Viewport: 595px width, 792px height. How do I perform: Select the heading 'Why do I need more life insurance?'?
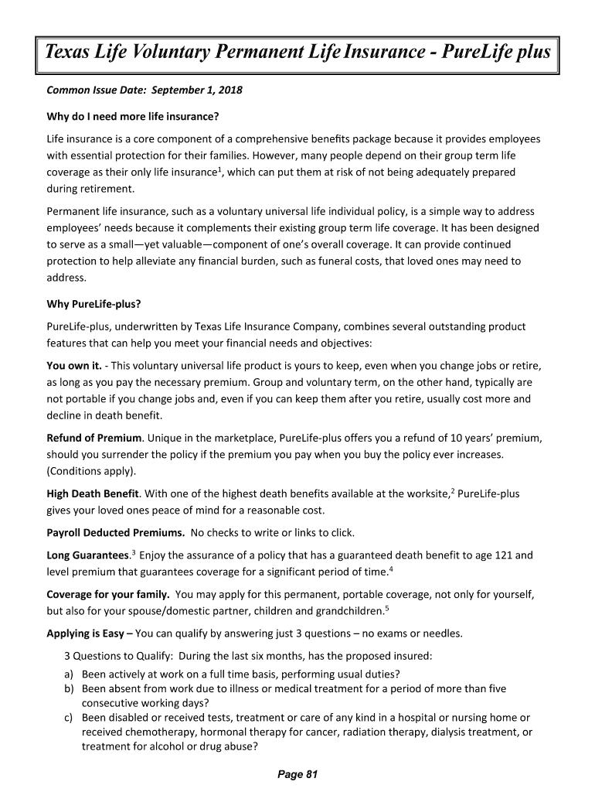(x=134, y=116)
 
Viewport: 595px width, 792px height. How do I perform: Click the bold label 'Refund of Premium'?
(x=94, y=438)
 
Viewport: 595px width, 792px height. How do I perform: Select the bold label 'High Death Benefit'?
(x=93, y=493)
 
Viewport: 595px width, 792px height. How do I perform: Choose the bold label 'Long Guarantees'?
(x=87, y=555)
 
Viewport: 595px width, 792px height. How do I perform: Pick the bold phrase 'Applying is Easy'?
(x=85, y=633)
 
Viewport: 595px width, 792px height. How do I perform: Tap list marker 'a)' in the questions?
(x=68, y=673)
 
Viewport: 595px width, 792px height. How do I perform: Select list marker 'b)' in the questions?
(x=68, y=688)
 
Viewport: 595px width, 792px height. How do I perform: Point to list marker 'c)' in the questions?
(x=68, y=718)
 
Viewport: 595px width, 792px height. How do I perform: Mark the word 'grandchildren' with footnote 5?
(x=345, y=611)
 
